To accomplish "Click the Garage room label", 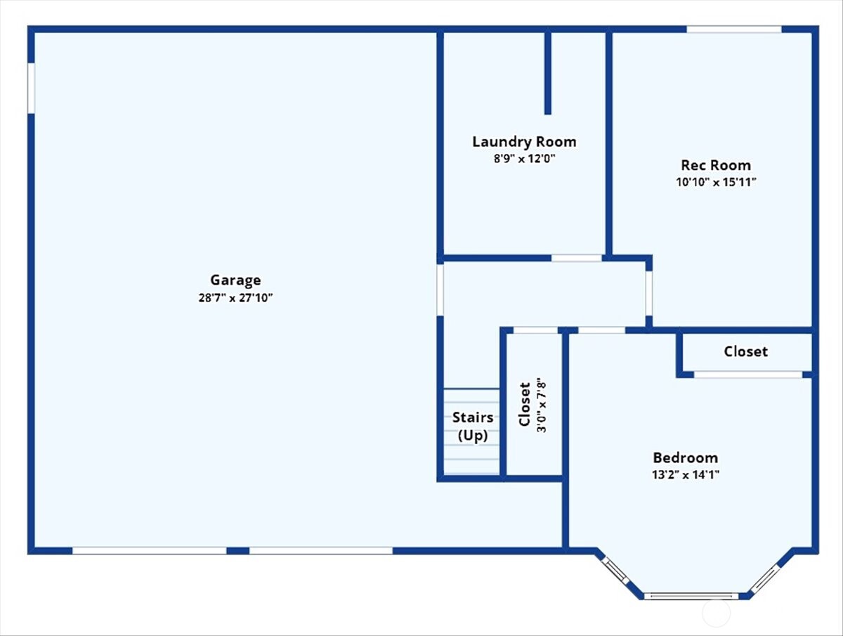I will [235, 280].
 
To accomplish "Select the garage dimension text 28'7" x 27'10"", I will [235, 297].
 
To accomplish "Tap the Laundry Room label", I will [524, 142].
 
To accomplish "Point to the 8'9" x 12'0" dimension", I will [524, 159].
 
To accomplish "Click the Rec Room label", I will [715, 165].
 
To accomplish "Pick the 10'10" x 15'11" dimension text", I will [715, 182].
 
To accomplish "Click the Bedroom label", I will [685, 457].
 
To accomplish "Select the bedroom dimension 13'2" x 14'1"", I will [685, 474].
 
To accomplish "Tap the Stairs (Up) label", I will [472, 427].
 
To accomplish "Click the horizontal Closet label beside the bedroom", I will [745, 351].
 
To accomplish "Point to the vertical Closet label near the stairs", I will [524, 405].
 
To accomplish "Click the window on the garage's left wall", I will [31, 88].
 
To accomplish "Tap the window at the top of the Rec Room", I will [733, 29].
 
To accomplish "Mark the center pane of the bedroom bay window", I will [691, 596].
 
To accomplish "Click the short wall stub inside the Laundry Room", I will [547, 72].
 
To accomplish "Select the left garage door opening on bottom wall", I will [150, 550].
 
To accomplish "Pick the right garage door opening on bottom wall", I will [321, 550].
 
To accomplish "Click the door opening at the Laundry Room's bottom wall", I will [576, 258].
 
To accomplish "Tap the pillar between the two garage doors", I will [238, 550].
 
